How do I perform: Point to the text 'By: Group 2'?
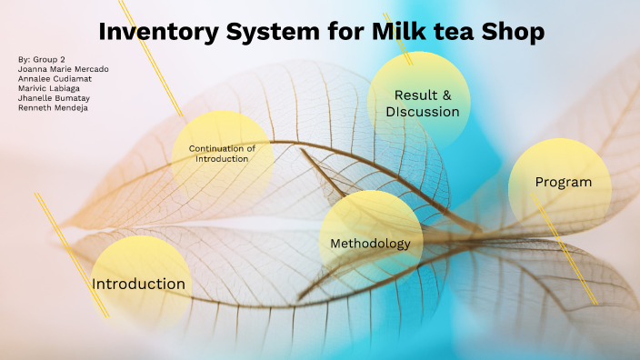pos(41,59)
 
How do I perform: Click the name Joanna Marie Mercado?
pos(62,69)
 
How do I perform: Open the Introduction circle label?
pos(138,284)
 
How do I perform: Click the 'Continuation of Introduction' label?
pos(222,154)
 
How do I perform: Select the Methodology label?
pos(370,244)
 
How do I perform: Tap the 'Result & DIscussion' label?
pos(422,104)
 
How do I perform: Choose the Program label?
pos(563,182)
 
